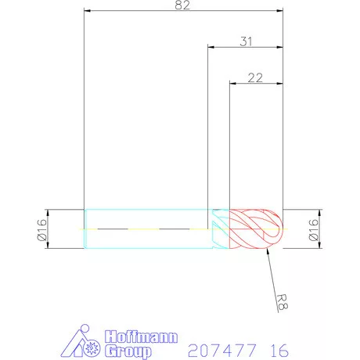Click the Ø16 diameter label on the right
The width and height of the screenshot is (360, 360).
coord(314,229)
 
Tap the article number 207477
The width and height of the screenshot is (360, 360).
coord(215,348)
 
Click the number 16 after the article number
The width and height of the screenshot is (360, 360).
coord(279,348)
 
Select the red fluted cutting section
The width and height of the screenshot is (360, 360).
coord(250,229)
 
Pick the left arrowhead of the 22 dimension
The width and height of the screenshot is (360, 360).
coord(232,82)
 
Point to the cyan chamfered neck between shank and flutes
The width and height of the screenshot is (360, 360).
coord(218,229)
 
